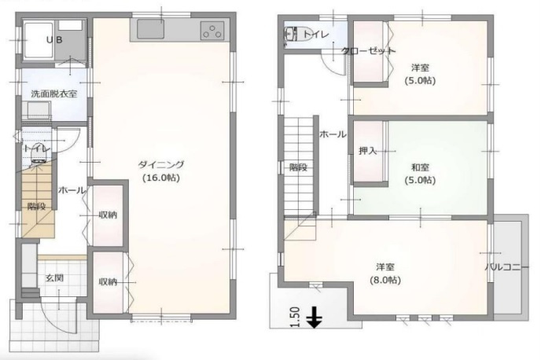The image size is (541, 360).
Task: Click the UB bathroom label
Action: tap(54, 40)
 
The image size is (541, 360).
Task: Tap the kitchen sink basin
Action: tap(150, 29)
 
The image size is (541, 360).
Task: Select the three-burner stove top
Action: tap(212, 30)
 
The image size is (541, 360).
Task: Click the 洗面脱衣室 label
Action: tap(54, 94)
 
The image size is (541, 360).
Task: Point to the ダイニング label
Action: tap(161, 165)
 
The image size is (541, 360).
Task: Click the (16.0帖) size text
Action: tap(161, 178)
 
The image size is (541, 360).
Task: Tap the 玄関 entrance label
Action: tap(55, 278)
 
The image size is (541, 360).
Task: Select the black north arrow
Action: tap(315, 318)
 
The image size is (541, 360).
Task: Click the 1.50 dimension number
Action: tap(295, 318)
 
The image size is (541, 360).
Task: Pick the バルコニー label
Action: tap(507, 267)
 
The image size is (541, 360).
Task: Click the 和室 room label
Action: tap(420, 167)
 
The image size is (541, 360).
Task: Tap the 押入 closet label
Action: tap(367, 151)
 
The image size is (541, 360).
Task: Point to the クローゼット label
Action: tap(369, 50)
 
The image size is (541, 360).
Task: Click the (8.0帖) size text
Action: tap(385, 280)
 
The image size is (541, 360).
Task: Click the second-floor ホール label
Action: tap(333, 134)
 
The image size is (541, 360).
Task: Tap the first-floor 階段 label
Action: tap(37, 206)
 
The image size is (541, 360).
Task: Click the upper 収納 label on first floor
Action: tap(108, 215)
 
